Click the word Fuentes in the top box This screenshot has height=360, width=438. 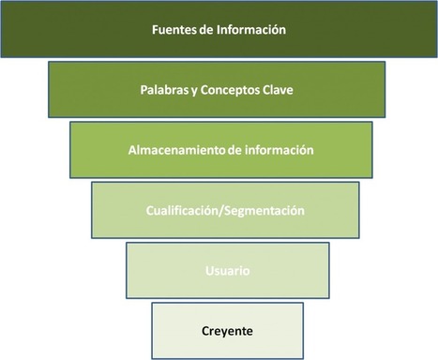[174, 29]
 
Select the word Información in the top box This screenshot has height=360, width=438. [251, 29]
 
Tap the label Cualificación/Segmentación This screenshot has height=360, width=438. [224, 211]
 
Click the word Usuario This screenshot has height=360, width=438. [226, 271]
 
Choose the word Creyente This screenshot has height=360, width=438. [226, 330]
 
